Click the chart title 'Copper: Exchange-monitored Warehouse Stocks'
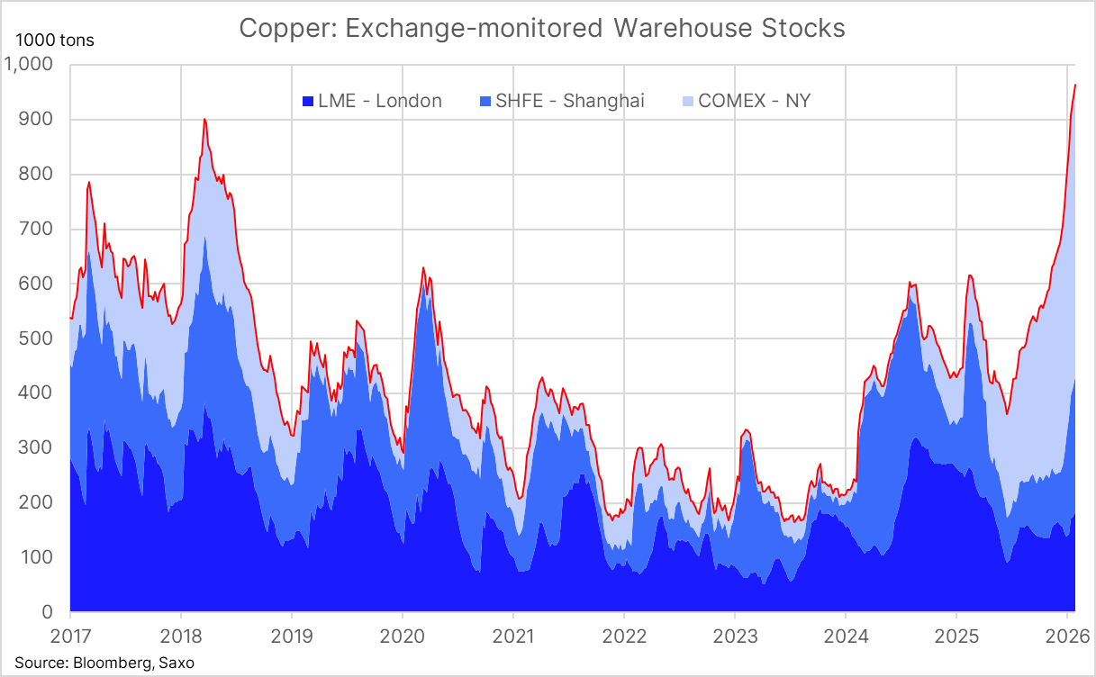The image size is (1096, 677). coord(542,28)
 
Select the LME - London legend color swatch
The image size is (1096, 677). coord(307,101)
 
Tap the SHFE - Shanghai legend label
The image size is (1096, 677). coord(563,101)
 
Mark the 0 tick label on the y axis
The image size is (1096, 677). coord(47,612)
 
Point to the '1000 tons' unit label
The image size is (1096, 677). coord(54,41)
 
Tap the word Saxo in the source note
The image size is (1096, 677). coord(176,663)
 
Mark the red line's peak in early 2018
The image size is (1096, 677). coord(204,119)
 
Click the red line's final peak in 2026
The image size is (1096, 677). coord(1075,85)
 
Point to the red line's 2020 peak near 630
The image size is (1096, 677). coord(423,267)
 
